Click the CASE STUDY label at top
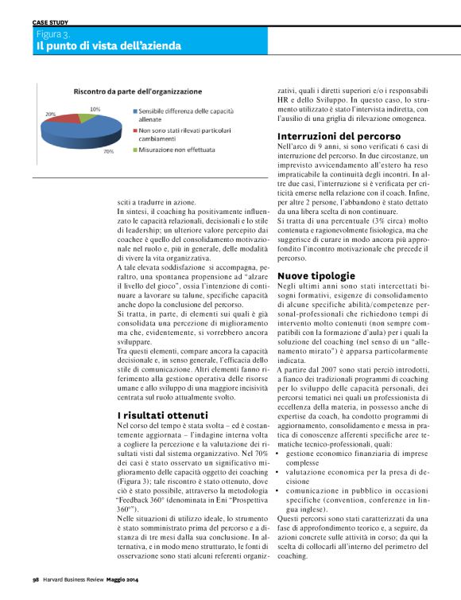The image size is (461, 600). click(x=50, y=24)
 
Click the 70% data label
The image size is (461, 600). click(x=108, y=151)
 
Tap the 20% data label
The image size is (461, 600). click(x=51, y=115)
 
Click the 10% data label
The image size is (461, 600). click(x=95, y=108)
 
